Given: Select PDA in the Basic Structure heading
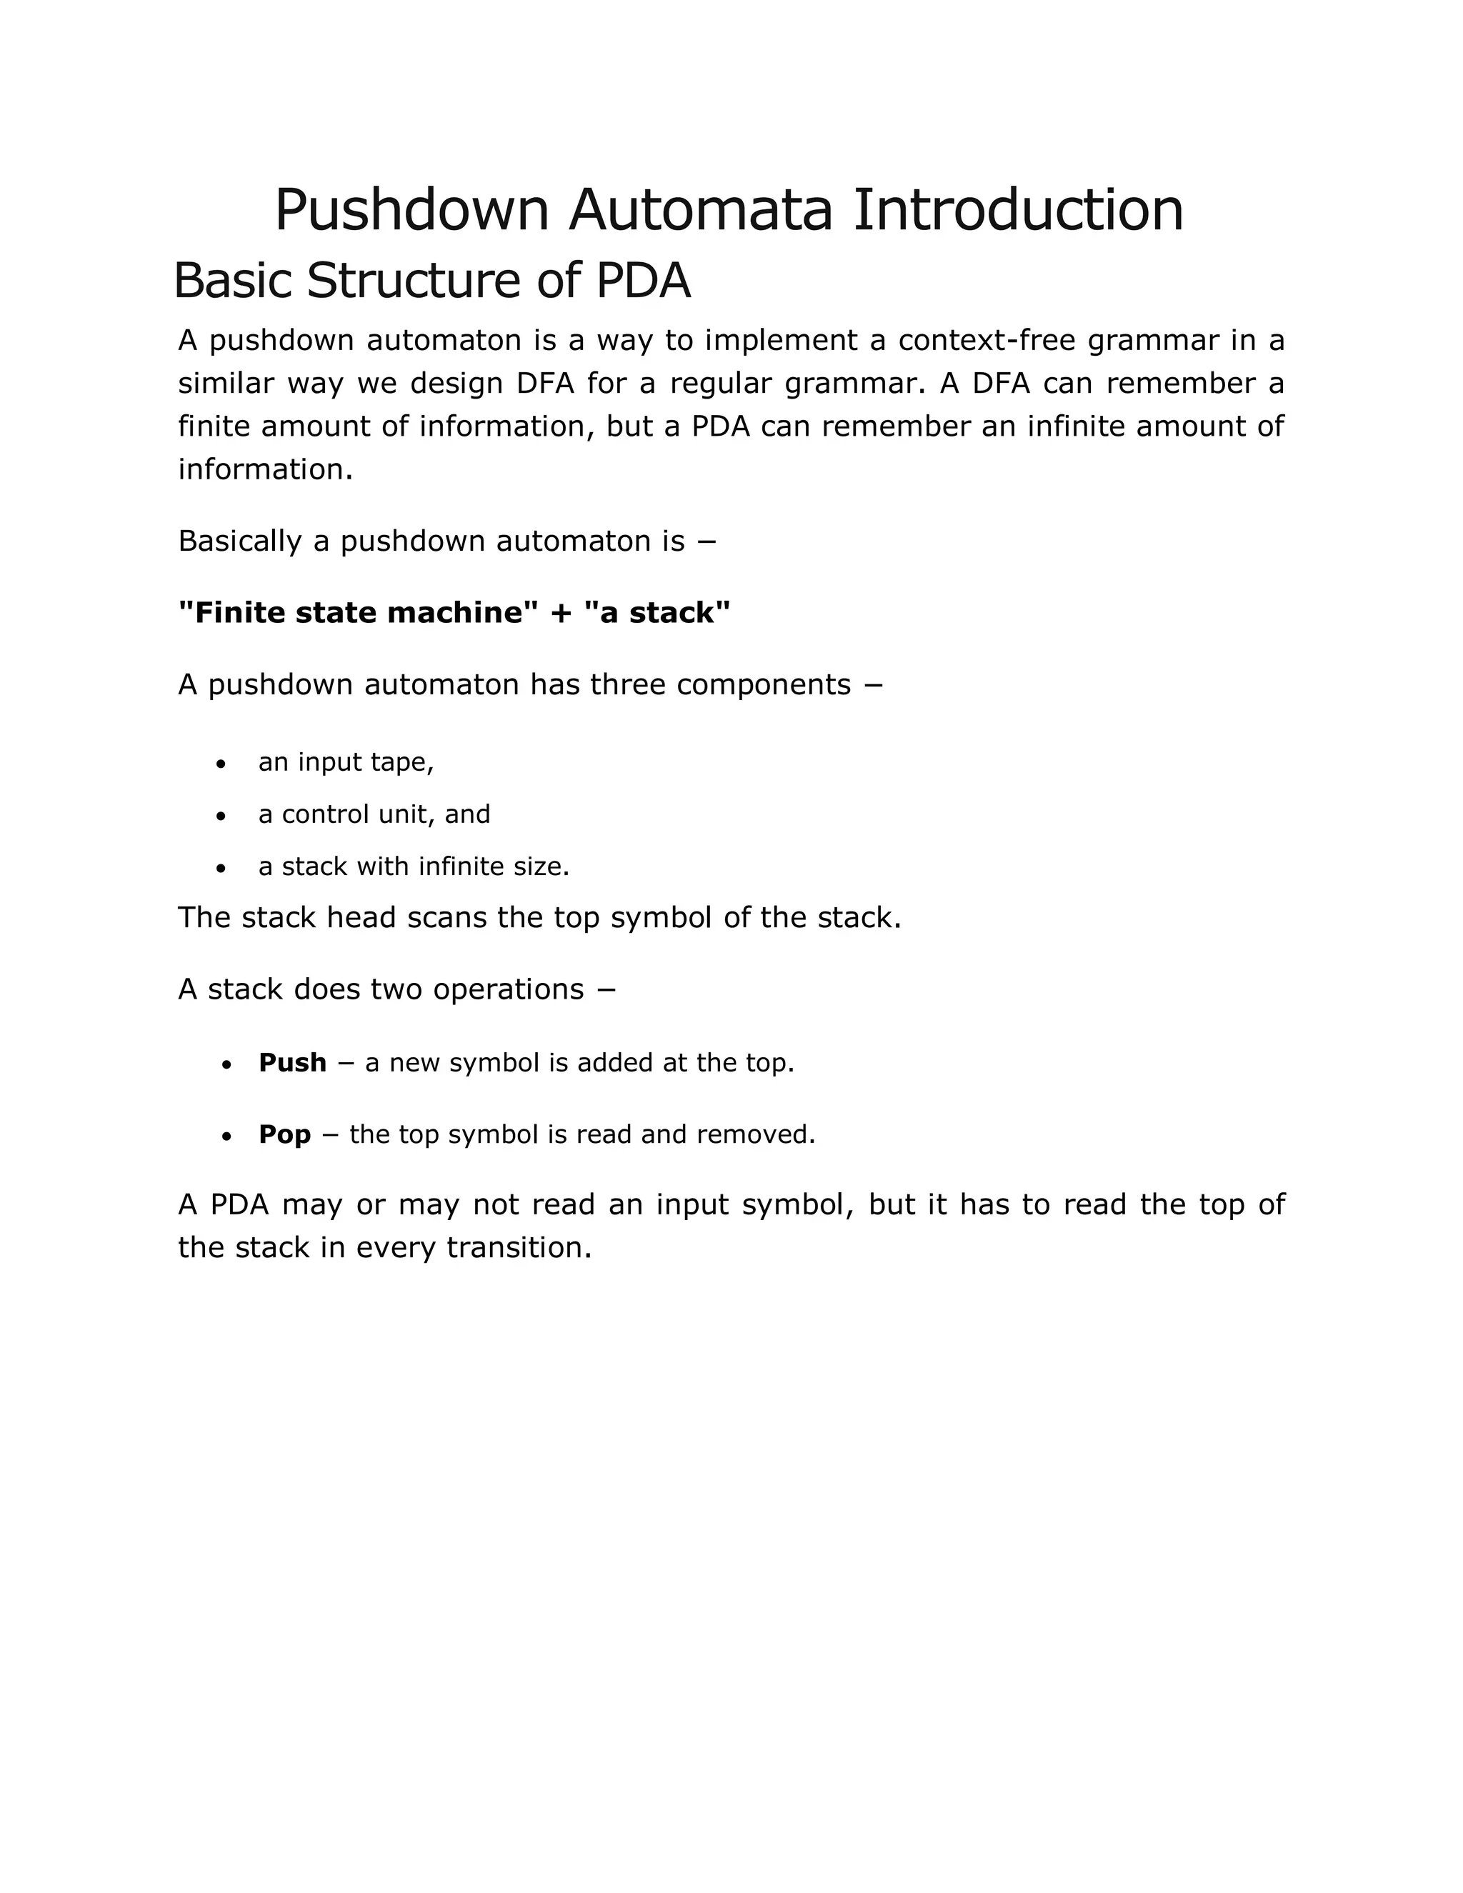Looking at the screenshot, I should point(642,281).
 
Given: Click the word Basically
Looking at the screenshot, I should point(239,541).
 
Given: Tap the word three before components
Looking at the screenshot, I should point(629,685).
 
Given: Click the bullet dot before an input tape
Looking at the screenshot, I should point(222,764).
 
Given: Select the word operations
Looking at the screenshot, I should point(508,990).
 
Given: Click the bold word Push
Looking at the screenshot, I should point(292,1063).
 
